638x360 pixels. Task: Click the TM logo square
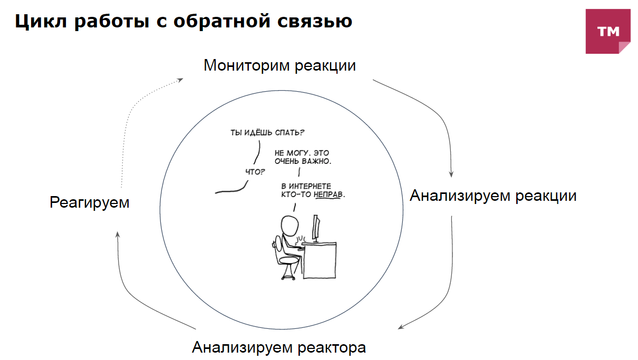(608, 31)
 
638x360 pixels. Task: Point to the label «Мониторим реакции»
(279, 66)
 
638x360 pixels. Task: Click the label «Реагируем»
(90, 202)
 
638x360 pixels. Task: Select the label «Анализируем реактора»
(278, 348)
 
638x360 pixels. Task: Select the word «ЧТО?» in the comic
(256, 171)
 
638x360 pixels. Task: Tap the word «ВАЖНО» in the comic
(316, 161)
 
